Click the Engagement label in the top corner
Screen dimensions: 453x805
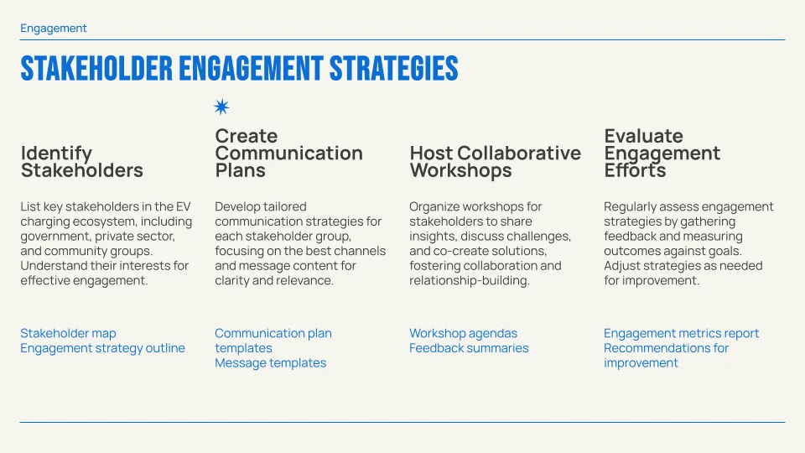54,29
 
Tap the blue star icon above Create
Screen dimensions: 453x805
221,107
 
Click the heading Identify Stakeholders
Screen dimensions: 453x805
81,162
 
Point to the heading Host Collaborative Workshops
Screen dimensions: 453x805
495,162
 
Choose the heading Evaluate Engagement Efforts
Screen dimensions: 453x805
662,154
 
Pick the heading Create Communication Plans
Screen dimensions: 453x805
288,154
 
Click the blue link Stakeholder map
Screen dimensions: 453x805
68,333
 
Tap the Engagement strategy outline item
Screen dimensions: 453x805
102,348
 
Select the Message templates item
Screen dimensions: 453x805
270,363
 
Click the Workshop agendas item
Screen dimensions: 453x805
463,333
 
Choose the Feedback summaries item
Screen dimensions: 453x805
469,348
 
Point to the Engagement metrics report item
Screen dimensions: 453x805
681,333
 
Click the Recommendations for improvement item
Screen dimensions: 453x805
666,356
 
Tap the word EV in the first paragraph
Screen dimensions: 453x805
183,206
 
